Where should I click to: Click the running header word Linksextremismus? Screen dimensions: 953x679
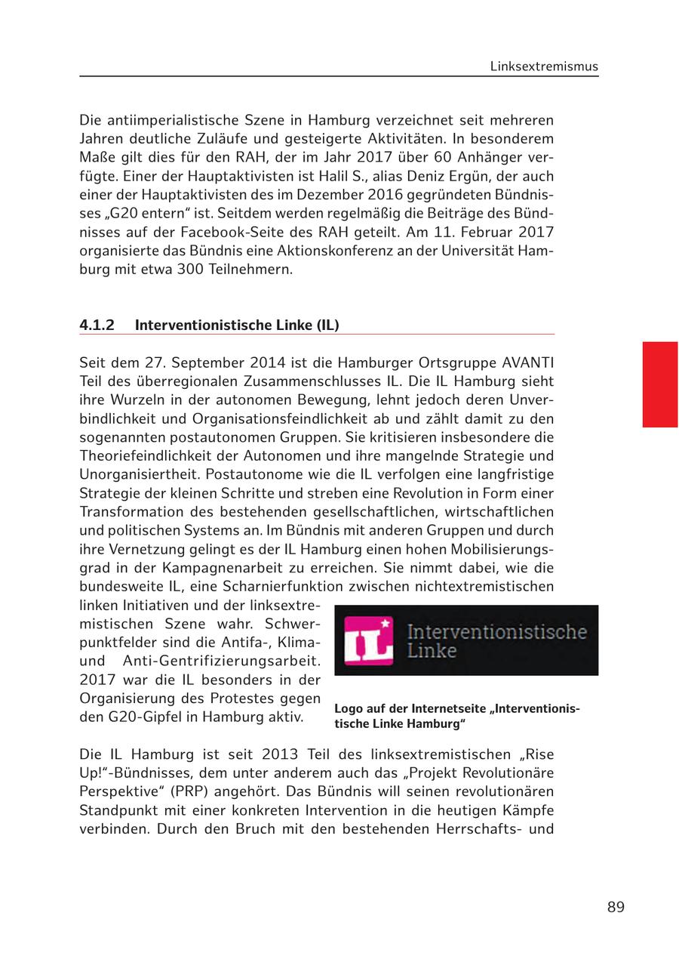pos(544,66)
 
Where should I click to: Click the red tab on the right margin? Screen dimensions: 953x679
pos(660,384)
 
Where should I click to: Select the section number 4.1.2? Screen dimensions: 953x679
pos(97,325)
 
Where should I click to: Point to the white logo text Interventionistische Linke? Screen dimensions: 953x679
pos(496,640)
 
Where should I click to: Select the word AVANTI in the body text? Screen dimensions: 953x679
pos(525,362)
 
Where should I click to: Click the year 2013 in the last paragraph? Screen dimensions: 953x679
pos(241,755)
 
